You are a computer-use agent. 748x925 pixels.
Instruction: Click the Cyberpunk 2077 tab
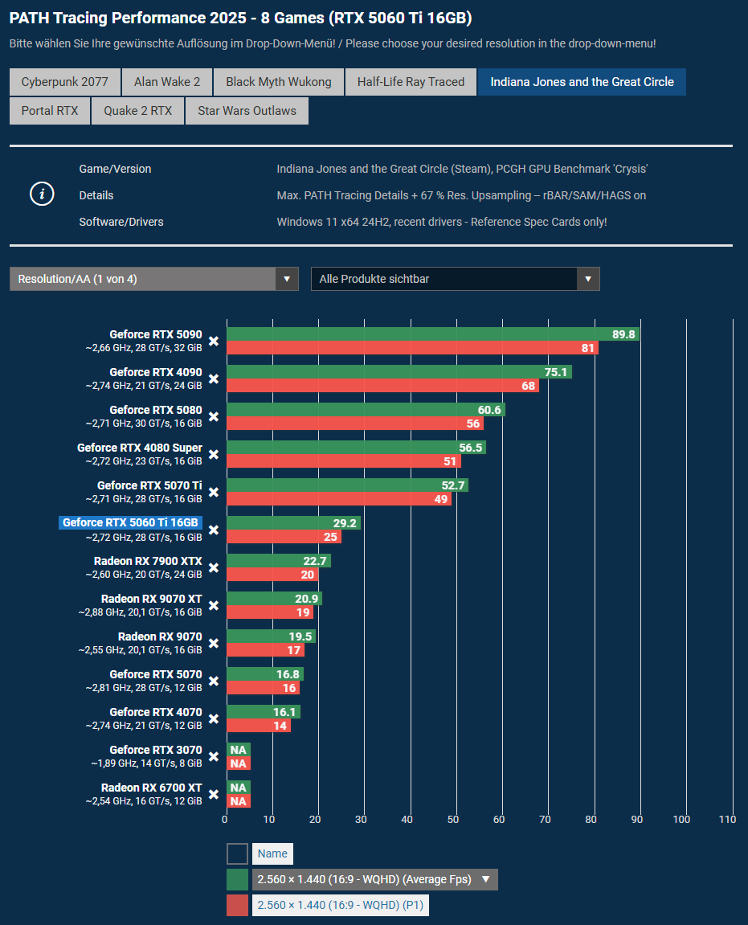64,82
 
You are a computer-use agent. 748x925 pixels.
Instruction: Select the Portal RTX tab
50,111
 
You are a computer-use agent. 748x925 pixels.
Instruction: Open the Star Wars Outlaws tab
247,111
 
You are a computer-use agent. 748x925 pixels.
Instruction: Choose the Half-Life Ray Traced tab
411,82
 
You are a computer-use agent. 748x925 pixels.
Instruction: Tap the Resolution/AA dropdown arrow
287,279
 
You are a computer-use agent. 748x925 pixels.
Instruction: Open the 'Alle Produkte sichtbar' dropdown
455,279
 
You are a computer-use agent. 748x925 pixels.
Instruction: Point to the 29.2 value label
345,523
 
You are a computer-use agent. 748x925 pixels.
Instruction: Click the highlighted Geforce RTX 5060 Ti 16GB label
131,522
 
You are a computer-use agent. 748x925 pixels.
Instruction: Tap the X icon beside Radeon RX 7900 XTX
214,567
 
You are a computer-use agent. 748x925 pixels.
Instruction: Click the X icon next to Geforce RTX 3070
214,756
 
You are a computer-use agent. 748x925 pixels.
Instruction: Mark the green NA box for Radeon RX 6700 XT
238,788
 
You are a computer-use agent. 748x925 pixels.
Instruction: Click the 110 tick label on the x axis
727,819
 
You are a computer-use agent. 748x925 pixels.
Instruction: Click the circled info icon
42,194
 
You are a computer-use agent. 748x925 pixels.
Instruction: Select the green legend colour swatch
237,879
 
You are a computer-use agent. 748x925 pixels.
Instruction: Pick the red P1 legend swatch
237,906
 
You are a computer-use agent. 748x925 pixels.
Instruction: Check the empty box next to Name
237,853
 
